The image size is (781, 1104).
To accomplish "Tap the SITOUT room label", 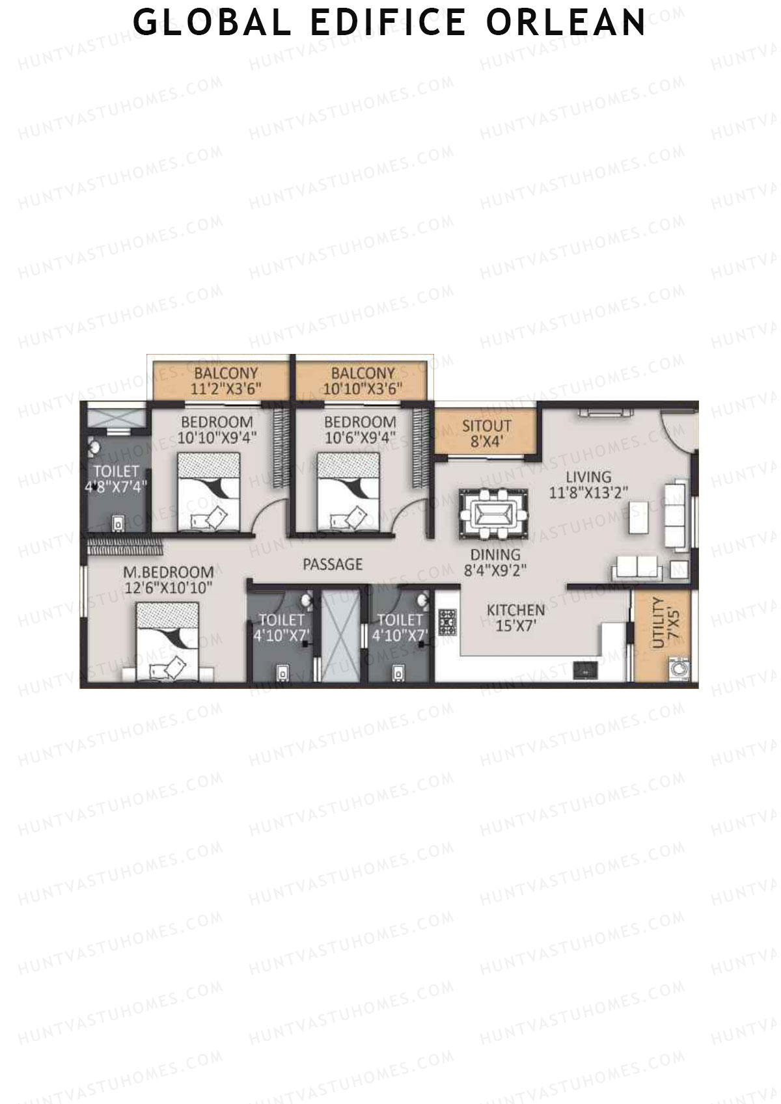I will pos(486,427).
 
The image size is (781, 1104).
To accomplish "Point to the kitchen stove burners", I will pos(447,623).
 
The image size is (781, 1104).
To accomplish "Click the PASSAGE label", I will pos(332,564).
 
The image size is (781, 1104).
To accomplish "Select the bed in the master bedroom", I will pos(169,641).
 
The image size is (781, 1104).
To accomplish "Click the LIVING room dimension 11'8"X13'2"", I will pos(588,492).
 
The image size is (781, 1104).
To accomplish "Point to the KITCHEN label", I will pos(515,610).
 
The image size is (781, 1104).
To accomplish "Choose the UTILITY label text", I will pos(658,623).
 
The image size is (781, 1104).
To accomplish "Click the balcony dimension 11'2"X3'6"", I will pos(226,389).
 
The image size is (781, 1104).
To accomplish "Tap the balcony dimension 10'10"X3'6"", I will pos(363,389).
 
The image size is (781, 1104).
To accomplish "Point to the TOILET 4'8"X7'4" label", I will pos(116,470).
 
